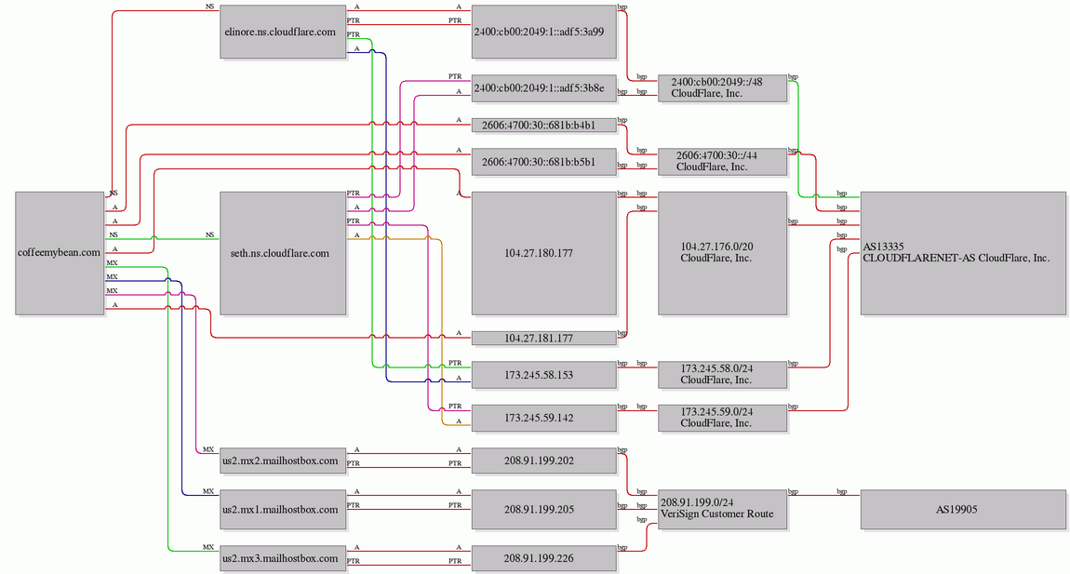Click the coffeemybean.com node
(60, 252)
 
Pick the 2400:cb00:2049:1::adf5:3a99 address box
(544, 32)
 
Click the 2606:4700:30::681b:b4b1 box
(544, 125)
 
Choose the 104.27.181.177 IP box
(544, 338)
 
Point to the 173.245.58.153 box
(544, 375)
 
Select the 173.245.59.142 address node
(544, 418)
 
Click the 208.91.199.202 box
(544, 461)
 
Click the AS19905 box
(963, 509)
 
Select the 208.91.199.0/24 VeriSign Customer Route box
(722, 509)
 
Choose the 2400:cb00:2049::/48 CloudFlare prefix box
(722, 88)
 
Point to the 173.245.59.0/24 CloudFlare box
(722, 418)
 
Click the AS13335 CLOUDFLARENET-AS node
(963, 252)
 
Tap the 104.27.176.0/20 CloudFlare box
(722, 252)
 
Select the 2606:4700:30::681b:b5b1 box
(544, 162)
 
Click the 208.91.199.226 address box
(544, 558)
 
